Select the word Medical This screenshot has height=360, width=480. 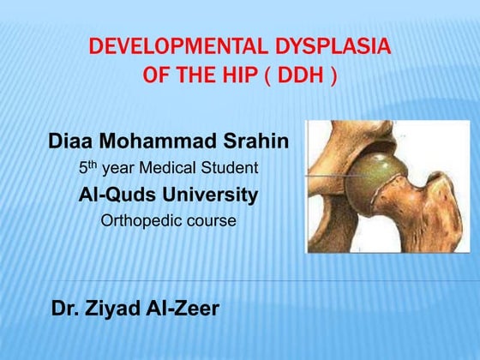coord(172,168)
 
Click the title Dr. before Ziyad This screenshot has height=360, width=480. coord(67,309)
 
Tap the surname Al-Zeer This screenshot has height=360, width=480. coord(184,309)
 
